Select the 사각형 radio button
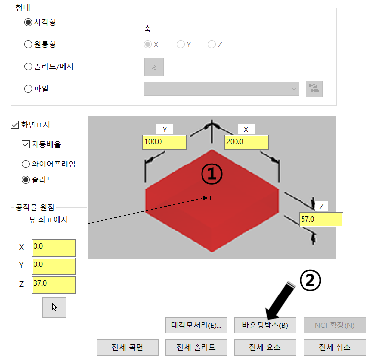tap(28, 23)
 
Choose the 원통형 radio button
tap(28, 45)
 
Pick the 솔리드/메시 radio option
tap(28, 66)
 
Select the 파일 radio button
tap(28, 89)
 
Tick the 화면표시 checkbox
tap(14, 125)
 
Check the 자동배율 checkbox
tap(26, 144)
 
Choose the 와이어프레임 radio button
tap(26, 164)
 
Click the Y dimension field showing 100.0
tap(164, 142)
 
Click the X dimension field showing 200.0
tap(246, 142)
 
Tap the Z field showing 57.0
tap(321, 220)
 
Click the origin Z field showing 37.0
tap(53, 285)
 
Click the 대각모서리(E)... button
tap(196, 325)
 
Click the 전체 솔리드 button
tap(196, 347)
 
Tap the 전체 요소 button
tap(264, 347)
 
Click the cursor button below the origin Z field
tap(54, 307)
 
